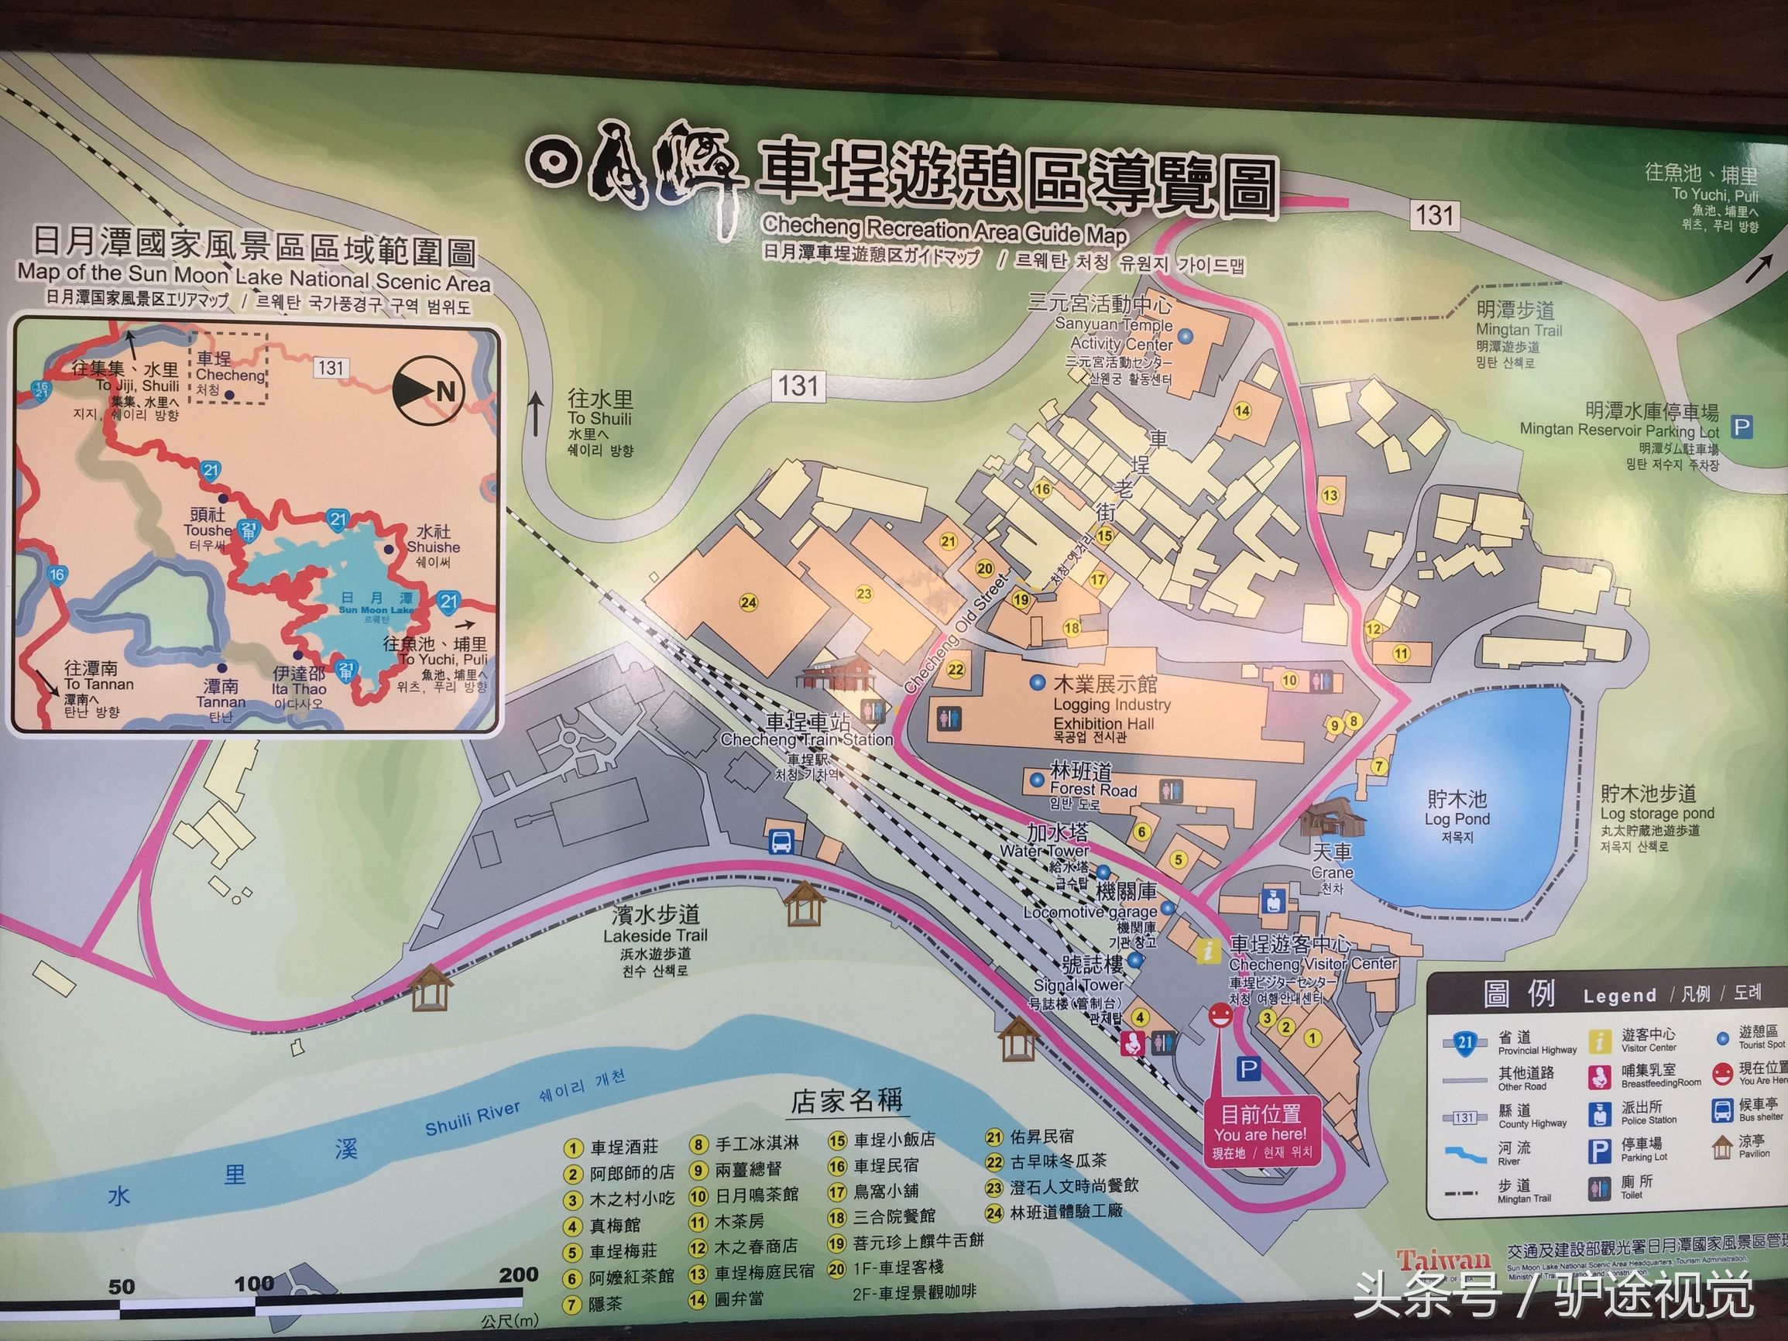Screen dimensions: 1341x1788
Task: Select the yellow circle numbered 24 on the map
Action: [x=749, y=602]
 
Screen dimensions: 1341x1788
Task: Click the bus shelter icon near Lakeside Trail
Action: [x=781, y=842]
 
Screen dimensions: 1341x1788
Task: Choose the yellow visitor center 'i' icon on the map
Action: [x=1209, y=951]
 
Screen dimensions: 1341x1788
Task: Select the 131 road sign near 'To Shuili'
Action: [x=798, y=385]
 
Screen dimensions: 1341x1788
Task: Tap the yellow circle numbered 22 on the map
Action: [x=956, y=668]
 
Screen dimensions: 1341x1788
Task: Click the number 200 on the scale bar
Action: [x=518, y=1274]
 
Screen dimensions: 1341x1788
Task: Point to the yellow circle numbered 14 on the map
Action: [x=1242, y=410]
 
